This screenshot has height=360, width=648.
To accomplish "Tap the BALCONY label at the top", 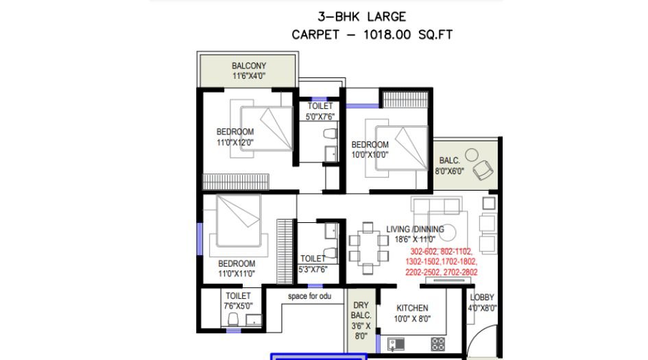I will point(248,66).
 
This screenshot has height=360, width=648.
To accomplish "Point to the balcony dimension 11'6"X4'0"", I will point(248,75).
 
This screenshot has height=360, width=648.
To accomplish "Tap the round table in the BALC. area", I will point(472,154).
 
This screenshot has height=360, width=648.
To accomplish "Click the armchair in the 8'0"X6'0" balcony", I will point(483,167).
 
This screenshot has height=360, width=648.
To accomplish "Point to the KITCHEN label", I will point(412,309).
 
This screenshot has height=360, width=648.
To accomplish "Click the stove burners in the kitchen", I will point(438,344).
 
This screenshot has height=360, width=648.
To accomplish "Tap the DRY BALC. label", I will point(361,311).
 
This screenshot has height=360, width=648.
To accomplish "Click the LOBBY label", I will point(482,298).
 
